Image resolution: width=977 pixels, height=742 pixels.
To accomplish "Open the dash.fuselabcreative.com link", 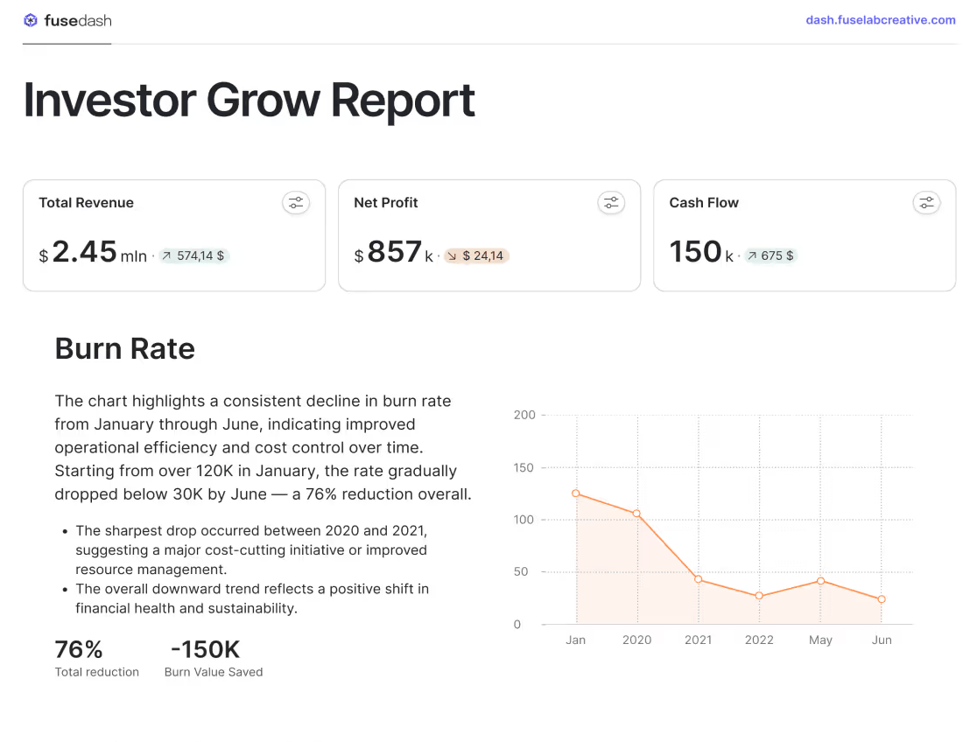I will pos(880,20).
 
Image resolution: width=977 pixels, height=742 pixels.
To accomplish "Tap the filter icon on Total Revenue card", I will pos(296,203).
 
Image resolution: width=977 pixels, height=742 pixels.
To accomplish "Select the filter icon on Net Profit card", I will pos(611,203).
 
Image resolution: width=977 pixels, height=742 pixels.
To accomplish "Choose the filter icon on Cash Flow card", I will pos(926,203).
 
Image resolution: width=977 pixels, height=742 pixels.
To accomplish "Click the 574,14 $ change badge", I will pos(194,256).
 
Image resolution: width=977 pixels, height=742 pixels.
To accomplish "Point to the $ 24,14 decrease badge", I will pos(476,256).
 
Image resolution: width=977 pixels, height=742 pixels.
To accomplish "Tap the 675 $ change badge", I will pos(771,256).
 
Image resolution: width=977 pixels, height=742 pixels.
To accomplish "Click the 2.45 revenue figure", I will pos(84,252).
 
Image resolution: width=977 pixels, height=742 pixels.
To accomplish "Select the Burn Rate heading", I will pos(125,348).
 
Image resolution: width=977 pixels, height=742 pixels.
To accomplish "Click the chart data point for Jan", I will pos(576,493).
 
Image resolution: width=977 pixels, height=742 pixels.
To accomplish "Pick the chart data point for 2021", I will pos(698,579).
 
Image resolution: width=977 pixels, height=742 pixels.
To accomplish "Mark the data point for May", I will pos(820,581).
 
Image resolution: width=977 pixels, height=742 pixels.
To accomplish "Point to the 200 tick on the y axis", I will pos(524,415).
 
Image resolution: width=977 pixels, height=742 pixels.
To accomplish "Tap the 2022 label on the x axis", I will pos(759,640).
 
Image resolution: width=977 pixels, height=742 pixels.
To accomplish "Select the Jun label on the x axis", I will pos(882,640).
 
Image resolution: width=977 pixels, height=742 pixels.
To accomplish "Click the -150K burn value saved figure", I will pos(205,649).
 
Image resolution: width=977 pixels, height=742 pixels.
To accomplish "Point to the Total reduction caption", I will pos(97,672).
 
